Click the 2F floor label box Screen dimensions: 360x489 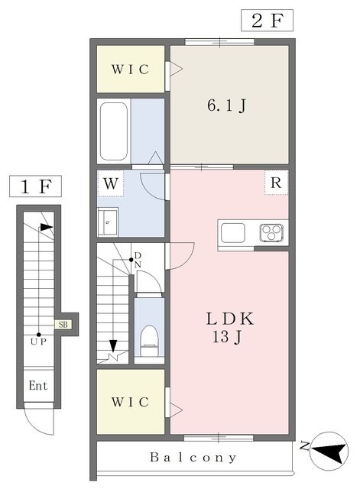point(267,21)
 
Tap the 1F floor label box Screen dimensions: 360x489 point(35,186)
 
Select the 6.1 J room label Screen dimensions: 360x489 point(227,105)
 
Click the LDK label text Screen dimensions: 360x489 point(230,319)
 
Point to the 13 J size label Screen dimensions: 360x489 point(227,336)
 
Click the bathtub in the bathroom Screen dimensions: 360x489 point(114,131)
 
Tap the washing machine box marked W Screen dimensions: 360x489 point(111,183)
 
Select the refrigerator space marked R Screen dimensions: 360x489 point(276,183)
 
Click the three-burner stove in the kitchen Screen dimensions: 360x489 point(271,232)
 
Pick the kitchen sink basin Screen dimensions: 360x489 point(232,232)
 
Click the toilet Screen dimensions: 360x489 point(150,341)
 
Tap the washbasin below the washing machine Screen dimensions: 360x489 point(108,222)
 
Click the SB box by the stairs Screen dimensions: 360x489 point(63,324)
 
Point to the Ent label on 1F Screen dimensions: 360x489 point(38,386)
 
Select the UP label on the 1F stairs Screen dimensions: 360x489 point(38,342)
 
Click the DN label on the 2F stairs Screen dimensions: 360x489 point(138,260)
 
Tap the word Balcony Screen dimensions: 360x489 point(193,458)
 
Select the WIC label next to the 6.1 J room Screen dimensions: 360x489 point(130,70)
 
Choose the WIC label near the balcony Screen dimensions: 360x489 point(130,402)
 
